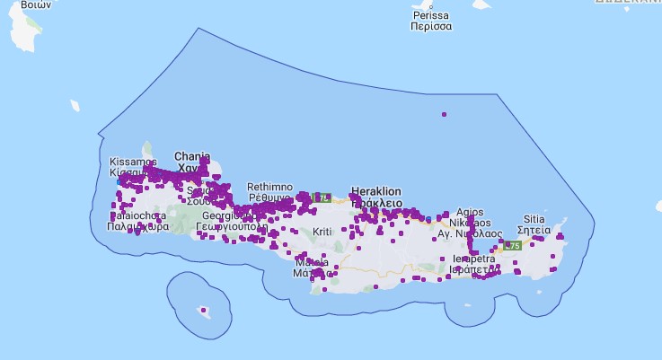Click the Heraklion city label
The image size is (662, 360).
tap(375, 192)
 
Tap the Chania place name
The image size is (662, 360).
tap(191, 155)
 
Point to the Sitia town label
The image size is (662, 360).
tap(534, 218)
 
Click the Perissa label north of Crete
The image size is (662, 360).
tap(431, 16)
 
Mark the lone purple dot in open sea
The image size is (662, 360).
tap(444, 114)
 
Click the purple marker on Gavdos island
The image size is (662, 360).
tap(203, 311)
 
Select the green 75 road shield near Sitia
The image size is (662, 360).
tap(513, 245)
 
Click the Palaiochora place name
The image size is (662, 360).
tap(137, 216)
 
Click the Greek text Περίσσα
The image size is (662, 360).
tap(431, 27)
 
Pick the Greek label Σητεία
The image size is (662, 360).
tap(534, 230)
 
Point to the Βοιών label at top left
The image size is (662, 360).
tap(35, 4)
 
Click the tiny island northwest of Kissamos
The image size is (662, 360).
tap(75, 106)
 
